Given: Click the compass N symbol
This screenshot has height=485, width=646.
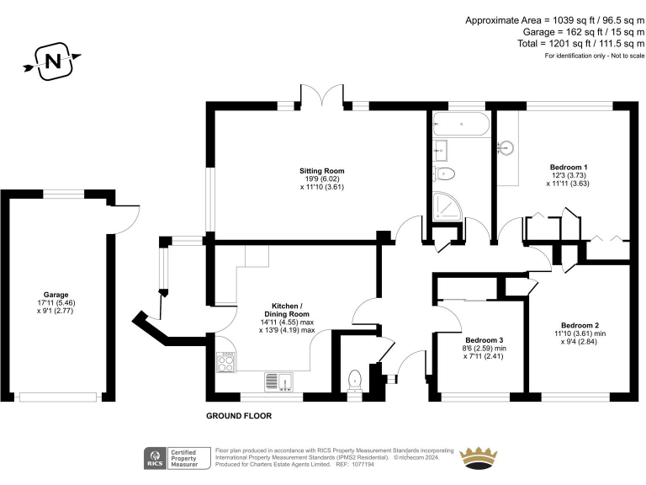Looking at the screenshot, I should pos(53,61).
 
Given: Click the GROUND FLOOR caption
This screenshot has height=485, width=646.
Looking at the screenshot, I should pos(239,416).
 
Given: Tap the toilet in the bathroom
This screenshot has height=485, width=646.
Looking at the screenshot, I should pos(445,174).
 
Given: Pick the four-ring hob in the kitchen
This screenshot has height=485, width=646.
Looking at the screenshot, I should pos(226,362).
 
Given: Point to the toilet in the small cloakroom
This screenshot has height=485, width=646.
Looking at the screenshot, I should pos(355,379).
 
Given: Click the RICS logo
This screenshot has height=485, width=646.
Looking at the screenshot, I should pos(155,458).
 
